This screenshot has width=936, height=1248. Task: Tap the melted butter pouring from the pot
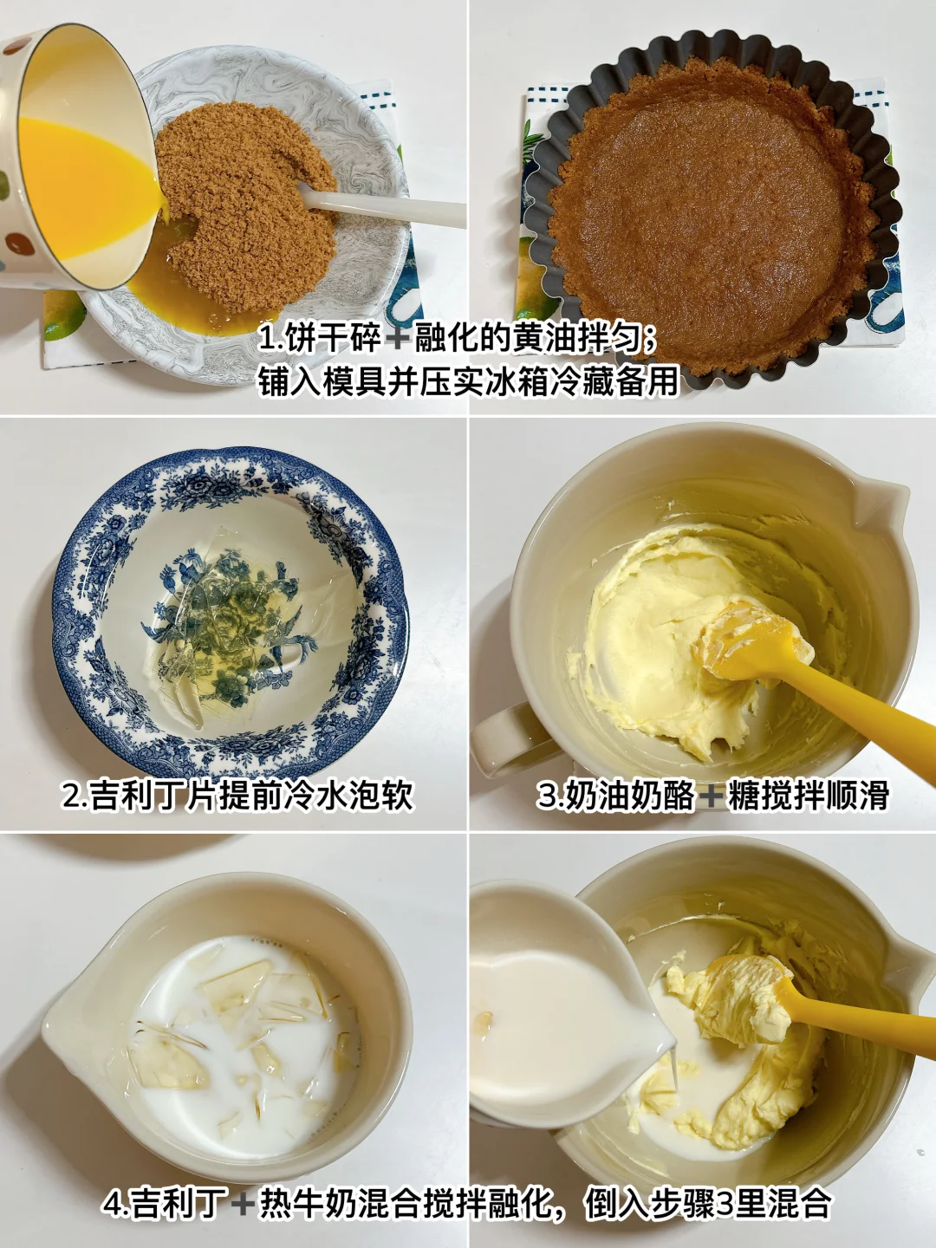85,182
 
